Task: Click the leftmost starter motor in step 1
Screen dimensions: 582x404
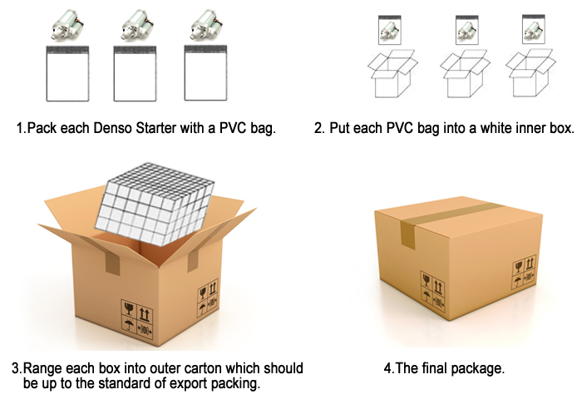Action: click(67, 25)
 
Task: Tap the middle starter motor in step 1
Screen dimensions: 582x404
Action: click(136, 25)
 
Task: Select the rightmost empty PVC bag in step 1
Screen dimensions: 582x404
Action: click(205, 73)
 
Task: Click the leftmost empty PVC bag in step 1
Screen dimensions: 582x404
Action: click(67, 73)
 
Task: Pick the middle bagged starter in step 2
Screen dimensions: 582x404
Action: click(467, 30)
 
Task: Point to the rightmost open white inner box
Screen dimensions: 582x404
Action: click(530, 73)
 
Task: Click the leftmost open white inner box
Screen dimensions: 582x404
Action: click(392, 74)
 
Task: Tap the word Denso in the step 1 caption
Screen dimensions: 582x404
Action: click(112, 128)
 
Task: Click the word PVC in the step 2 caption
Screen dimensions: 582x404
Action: click(400, 128)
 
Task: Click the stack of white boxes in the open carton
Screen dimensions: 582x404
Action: click(155, 204)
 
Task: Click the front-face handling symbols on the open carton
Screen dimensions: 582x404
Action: click(137, 319)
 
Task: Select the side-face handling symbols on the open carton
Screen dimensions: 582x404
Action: click(208, 298)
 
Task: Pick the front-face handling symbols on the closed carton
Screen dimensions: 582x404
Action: click(432, 291)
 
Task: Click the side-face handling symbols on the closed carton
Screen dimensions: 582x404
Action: click(525, 272)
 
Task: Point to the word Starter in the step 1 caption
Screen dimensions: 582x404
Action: click(156, 128)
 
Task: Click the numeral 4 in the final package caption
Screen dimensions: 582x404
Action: click(387, 368)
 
